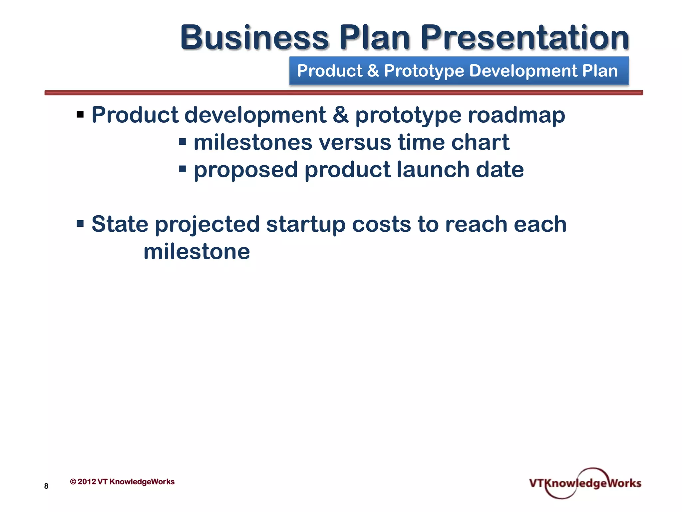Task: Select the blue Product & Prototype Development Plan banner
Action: coord(459,71)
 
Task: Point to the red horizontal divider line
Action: coord(344,93)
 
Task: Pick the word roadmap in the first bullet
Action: coord(516,115)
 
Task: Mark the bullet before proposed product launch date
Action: coord(182,169)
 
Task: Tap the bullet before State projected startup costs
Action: coord(80,223)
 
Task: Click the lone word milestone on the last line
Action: coord(196,252)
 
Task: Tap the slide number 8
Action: coord(46,486)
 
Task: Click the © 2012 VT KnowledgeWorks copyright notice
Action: coord(122,482)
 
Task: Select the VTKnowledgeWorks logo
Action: coord(585,483)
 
